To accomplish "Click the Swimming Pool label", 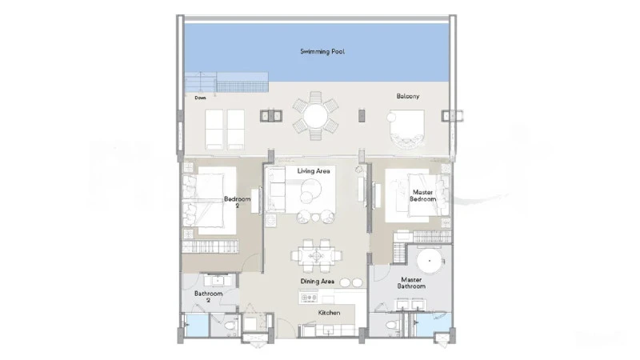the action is click(x=322, y=51).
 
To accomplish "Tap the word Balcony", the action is click(x=408, y=96).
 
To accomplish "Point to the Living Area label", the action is click(x=314, y=171).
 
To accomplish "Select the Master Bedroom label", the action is click(x=423, y=195).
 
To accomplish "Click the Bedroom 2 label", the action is click(x=237, y=202).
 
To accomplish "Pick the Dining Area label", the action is click(x=317, y=282).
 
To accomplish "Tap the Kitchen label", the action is click(x=329, y=313).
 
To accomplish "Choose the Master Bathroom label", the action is click(x=411, y=283).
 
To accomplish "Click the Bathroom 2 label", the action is click(x=208, y=297).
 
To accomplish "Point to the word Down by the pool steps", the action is click(x=201, y=98).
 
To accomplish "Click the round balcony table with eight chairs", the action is click(x=315, y=116).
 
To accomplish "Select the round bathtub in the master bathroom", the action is click(x=430, y=261).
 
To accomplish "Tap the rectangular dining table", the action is click(x=315, y=256).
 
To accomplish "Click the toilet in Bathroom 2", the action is click(x=230, y=326).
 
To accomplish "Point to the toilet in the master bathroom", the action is click(x=392, y=326).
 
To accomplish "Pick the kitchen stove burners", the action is click(x=309, y=298).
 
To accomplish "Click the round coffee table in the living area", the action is click(x=310, y=189).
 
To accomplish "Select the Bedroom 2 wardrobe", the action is click(x=210, y=246).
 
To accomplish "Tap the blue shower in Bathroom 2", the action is click(x=197, y=326).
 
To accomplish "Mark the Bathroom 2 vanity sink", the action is click(x=218, y=281).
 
